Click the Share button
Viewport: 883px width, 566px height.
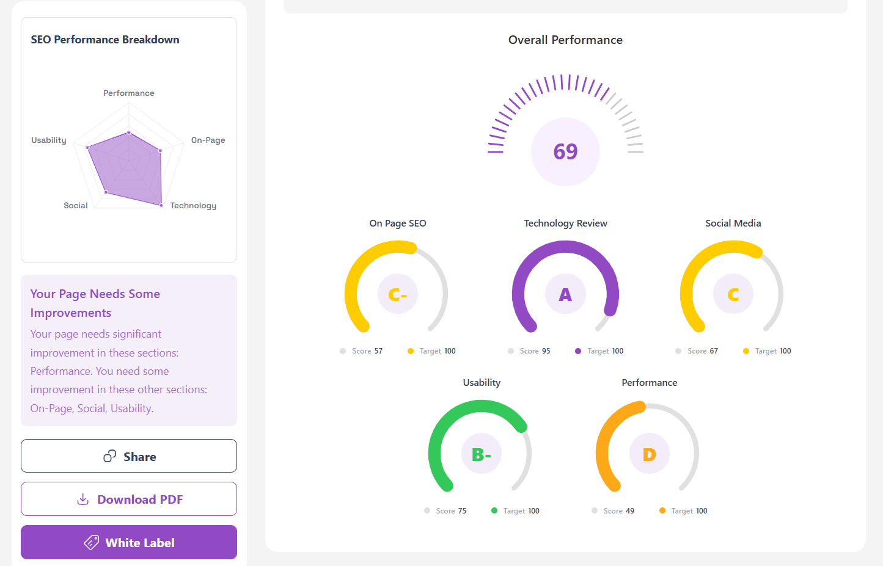[129, 456]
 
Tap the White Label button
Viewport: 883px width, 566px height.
[129, 542]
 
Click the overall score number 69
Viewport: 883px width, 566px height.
[565, 151]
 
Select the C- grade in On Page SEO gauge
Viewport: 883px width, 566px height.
[397, 295]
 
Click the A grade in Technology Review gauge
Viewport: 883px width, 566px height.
[565, 295]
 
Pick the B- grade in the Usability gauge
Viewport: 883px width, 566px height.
[482, 454]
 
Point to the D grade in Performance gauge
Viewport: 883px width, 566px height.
[649, 454]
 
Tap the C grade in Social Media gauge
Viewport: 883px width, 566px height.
[733, 295]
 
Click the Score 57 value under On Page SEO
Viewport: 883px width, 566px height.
[367, 351]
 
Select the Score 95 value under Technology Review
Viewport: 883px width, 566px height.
[535, 351]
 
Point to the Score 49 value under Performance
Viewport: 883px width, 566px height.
[618, 511]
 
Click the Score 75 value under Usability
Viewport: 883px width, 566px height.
[451, 511]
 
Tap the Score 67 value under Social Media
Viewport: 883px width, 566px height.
[703, 351]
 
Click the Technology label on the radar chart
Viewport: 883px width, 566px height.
[193, 206]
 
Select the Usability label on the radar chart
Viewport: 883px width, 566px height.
[49, 140]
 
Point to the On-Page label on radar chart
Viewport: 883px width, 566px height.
[208, 140]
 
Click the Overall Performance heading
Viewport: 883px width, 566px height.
[565, 40]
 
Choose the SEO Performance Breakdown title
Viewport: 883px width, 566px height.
[105, 40]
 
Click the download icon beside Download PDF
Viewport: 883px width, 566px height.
[83, 499]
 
